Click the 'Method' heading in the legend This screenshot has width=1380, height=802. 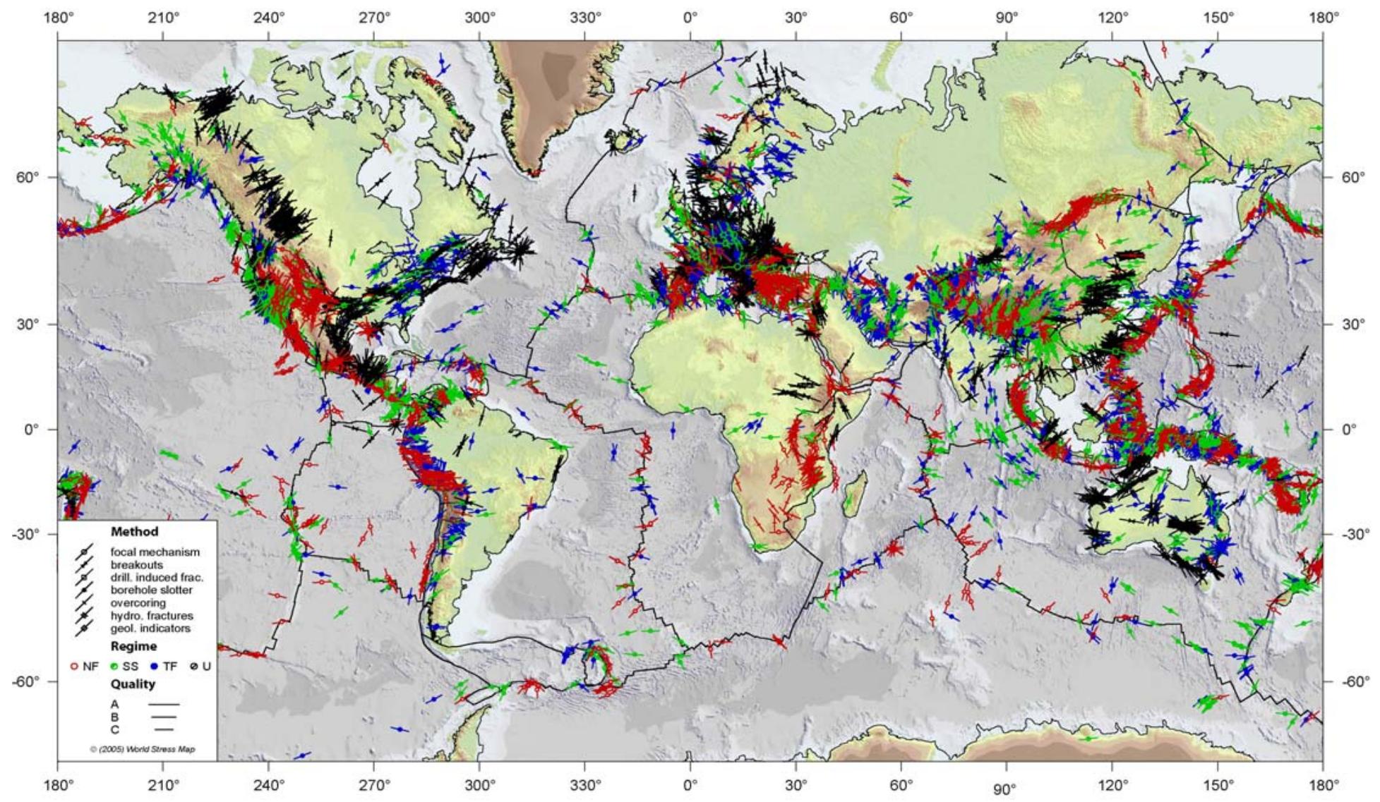click(134, 531)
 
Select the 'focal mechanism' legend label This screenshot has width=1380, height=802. click(155, 552)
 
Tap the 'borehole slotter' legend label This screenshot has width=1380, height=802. click(151, 590)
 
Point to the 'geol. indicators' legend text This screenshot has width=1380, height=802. click(150, 628)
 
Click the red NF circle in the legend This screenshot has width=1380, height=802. click(73, 665)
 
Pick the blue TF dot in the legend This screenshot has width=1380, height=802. click(154, 665)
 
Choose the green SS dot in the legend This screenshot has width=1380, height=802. click(113, 665)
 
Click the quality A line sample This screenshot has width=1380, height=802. click(164, 704)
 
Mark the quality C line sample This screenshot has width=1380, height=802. click(164, 729)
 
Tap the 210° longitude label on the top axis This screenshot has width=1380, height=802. click(163, 18)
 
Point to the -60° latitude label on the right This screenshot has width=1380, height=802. click(1352, 681)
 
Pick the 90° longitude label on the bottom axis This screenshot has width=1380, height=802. click(1005, 789)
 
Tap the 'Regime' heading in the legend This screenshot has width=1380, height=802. click(133, 646)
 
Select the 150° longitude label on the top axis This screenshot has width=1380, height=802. click(1218, 18)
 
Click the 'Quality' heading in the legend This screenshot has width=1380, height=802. click(133, 683)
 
